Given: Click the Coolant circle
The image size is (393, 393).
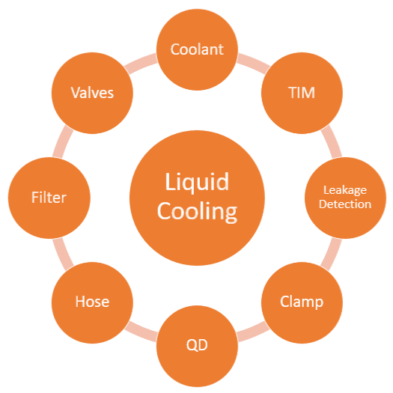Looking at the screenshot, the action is [x=197, y=49].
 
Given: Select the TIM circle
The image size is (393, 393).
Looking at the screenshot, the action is [x=302, y=93].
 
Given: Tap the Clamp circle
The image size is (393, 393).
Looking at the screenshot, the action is [x=302, y=302].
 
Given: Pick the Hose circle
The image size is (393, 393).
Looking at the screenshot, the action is [x=92, y=302].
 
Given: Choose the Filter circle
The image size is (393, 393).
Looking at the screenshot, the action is [x=49, y=198].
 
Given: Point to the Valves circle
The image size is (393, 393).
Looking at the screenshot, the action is [x=92, y=93].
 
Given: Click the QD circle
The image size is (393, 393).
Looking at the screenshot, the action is [x=197, y=346].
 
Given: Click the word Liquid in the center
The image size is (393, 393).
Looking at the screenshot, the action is [x=197, y=182].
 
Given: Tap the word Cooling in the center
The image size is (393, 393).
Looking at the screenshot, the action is [x=198, y=211].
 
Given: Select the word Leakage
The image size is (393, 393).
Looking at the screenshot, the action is [x=345, y=190].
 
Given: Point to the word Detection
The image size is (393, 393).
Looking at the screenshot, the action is [x=345, y=204].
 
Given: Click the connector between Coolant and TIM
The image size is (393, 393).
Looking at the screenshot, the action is [x=254, y=63].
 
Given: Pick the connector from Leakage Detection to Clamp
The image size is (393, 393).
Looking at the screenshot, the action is [x=332, y=255].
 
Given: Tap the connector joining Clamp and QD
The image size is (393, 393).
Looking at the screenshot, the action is [x=254, y=332].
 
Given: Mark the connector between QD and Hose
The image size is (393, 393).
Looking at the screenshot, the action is [x=141, y=332].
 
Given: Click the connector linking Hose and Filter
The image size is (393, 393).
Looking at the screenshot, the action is [x=63, y=255].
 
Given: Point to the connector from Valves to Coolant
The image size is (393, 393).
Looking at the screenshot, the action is [x=141, y=63].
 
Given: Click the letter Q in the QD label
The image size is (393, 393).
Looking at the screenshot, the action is [x=191, y=345].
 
